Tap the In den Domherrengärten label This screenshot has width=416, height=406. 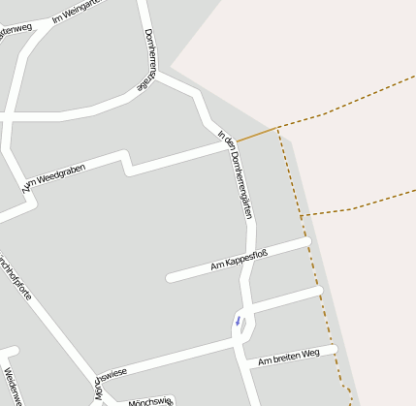(238, 173)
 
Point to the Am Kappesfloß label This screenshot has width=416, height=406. (239, 260)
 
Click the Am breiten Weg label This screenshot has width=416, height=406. (288, 356)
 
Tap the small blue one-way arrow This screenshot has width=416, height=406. (238, 320)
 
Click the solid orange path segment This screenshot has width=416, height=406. (256, 134)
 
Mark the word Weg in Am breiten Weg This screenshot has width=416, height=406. (309, 353)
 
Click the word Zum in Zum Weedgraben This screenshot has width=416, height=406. (28, 185)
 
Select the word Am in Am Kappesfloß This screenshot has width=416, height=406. (216, 265)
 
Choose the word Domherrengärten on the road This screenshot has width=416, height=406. (240, 184)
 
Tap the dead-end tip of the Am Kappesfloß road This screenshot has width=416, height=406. (171, 278)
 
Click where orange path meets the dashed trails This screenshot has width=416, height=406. (278, 128)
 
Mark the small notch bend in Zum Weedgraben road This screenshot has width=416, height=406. (127, 163)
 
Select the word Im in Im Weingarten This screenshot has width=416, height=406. (57, 18)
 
